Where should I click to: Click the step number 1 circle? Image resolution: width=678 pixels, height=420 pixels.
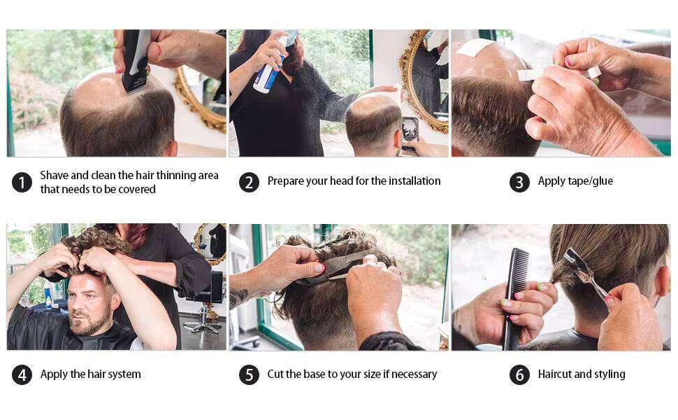[22, 182]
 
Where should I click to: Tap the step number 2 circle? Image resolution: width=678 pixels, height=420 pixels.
[249, 182]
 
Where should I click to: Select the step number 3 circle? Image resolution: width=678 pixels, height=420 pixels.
[520, 182]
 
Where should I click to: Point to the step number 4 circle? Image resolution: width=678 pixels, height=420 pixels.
[22, 374]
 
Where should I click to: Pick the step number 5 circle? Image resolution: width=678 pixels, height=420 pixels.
[249, 374]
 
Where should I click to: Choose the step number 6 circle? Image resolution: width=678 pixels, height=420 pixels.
[520, 374]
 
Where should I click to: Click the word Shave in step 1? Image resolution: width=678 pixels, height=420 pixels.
[54, 175]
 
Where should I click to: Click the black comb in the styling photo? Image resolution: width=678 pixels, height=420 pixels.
[515, 298]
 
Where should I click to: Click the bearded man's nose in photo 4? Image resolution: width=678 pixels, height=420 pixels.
[80, 304]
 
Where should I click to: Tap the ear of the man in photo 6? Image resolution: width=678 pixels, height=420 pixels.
[661, 281]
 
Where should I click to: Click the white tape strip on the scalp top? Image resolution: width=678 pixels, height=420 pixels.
[475, 47]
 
